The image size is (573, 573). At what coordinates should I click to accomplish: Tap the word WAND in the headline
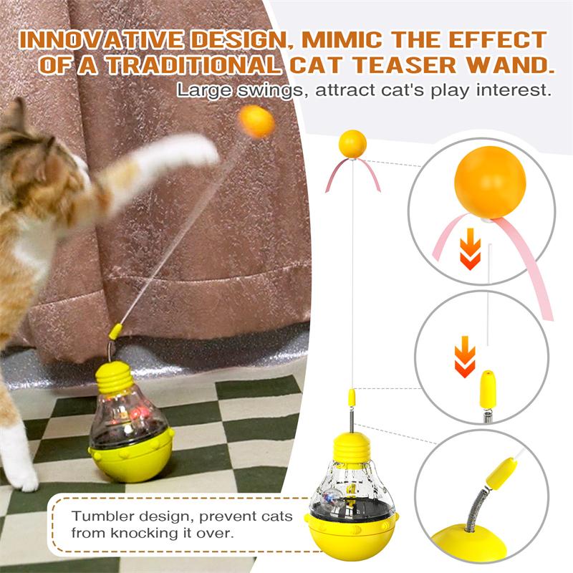[x=509, y=65]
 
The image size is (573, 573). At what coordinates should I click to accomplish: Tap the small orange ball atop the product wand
[x=352, y=143]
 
